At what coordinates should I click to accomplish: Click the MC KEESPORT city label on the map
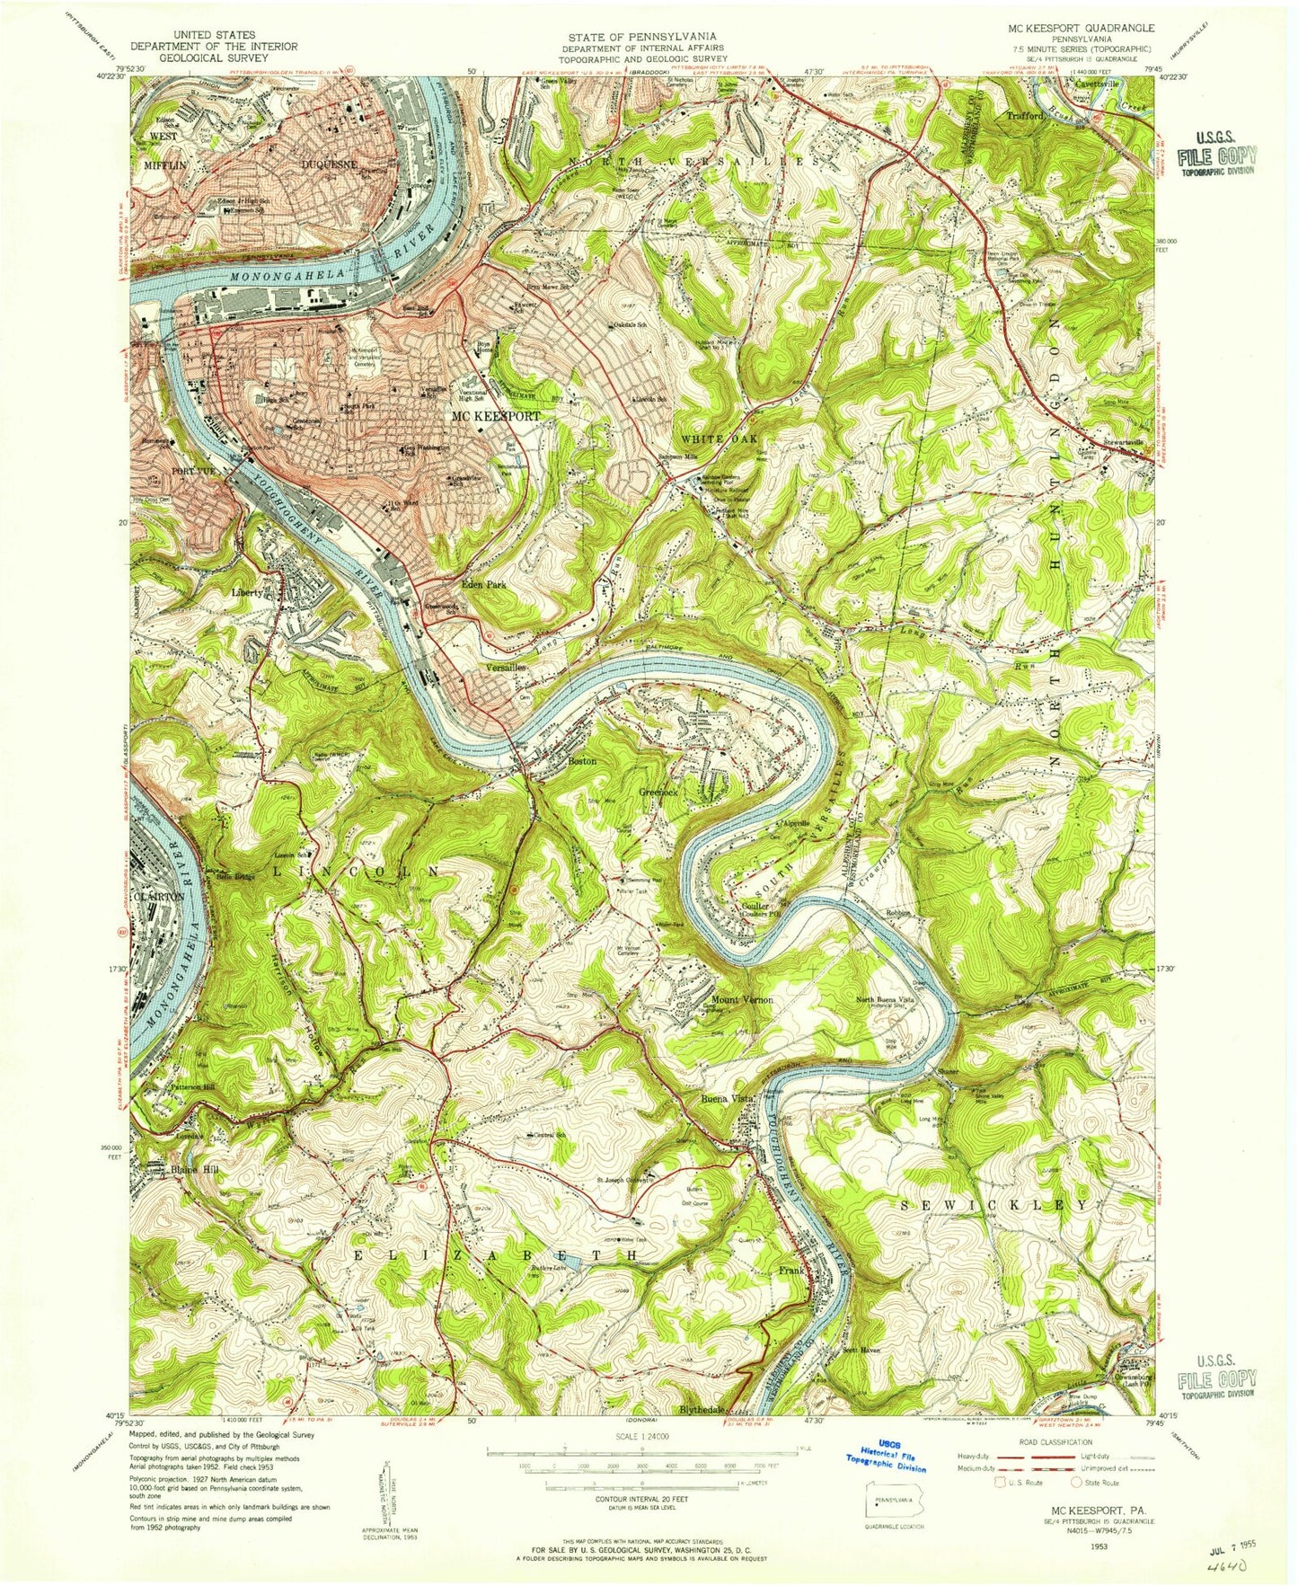[x=495, y=417]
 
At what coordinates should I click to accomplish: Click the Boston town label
[x=582, y=761]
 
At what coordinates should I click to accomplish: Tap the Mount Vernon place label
[x=742, y=1000]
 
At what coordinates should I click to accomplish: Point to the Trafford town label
[x=1025, y=116]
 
